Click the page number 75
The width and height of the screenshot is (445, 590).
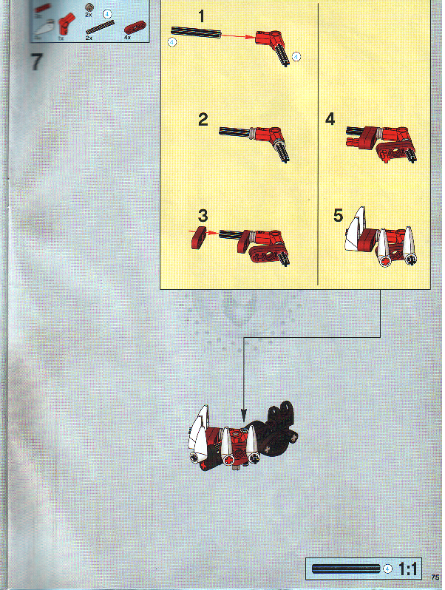click(x=435, y=577)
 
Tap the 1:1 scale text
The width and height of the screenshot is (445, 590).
click(x=409, y=569)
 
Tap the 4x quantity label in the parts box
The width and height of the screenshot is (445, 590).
click(x=128, y=36)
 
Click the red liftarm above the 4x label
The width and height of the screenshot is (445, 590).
click(x=135, y=27)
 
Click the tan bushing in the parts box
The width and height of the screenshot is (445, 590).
click(x=90, y=7)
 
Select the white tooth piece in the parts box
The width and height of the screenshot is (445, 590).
click(x=42, y=27)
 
